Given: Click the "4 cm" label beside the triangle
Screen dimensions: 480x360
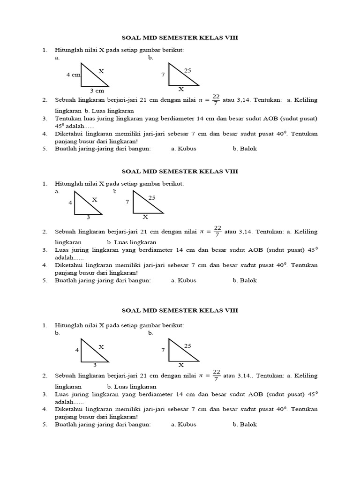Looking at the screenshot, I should coord(73,75).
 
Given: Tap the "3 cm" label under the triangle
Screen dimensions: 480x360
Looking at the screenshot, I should coord(97,90).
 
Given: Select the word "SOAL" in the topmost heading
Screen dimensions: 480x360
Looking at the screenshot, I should coord(132,37).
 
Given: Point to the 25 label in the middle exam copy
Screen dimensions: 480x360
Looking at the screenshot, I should coord(152,198).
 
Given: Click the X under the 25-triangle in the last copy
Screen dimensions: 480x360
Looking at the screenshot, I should coord(181,365).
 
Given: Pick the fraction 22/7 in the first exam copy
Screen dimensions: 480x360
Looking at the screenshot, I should coord(216,99).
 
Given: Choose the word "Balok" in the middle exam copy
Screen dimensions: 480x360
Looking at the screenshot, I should coord(248,280).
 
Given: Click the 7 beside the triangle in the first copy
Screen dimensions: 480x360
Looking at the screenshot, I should coord(163,75).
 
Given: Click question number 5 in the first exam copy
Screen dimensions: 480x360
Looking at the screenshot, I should coord(45,149).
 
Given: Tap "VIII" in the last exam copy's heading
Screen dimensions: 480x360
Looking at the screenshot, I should coord(231,310).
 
